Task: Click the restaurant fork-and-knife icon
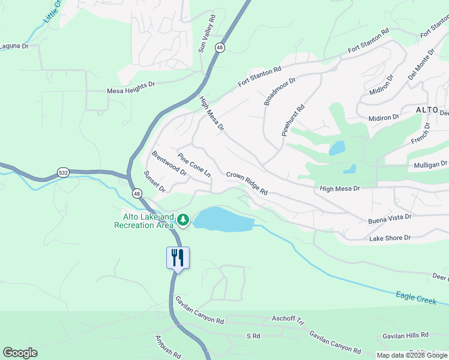coord(178,257)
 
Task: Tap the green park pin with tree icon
coord(182,221)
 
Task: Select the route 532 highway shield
coord(63,172)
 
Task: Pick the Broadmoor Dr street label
coord(280,91)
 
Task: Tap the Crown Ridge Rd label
coord(247,183)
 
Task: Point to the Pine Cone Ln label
coord(194,164)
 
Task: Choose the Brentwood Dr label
coord(169,163)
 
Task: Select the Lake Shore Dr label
coord(390,238)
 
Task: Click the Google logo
coord(20,353)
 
